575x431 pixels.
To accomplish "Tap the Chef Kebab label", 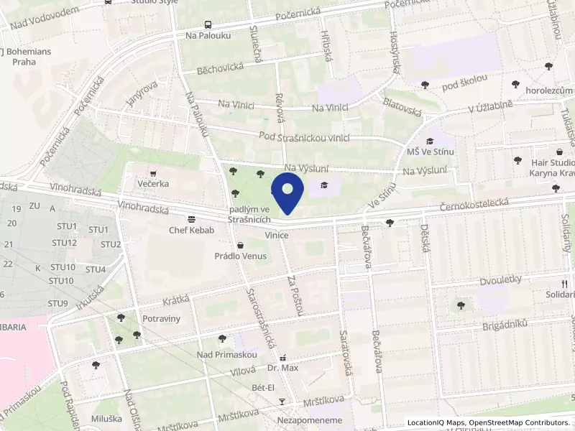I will [188, 231].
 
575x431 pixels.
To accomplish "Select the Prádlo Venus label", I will [240, 256].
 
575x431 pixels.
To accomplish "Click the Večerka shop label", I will [154, 183].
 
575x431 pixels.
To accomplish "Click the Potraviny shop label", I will [161, 318].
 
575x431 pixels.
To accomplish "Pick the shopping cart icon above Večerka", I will [153, 173].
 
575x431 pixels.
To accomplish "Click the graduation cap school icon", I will [324, 186].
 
